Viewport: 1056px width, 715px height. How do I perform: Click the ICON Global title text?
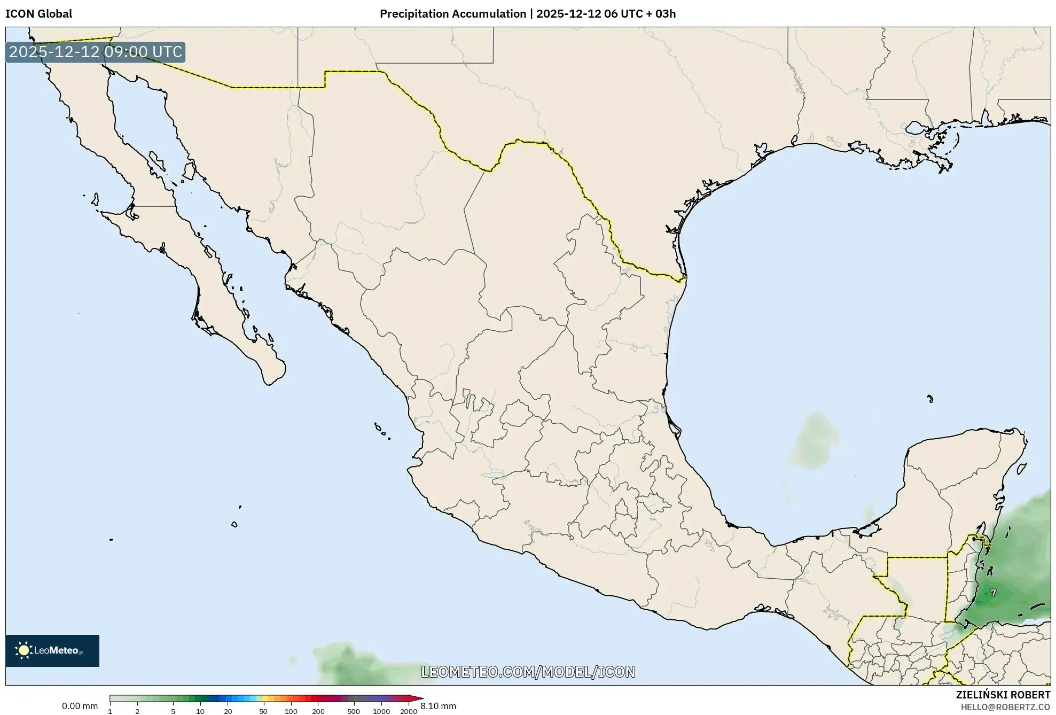click(x=38, y=14)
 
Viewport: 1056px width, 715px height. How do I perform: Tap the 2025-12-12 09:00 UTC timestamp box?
click(x=96, y=52)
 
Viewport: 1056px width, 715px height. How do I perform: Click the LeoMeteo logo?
click(x=52, y=650)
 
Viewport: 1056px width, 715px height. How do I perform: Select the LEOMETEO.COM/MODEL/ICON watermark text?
click(x=528, y=672)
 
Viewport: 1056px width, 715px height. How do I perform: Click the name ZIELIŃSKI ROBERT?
click(x=1003, y=695)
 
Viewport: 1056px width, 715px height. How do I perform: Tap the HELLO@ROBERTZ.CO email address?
click(x=1005, y=707)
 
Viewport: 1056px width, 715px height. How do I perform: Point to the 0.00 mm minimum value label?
click(x=80, y=706)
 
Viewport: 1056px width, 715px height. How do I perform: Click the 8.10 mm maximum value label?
click(x=438, y=706)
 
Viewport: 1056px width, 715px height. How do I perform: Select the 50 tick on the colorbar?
click(x=263, y=711)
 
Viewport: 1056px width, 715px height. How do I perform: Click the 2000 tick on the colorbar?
click(x=409, y=711)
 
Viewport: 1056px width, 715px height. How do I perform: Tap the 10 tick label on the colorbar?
click(x=200, y=711)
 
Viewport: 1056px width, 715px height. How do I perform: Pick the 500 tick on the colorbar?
click(x=354, y=711)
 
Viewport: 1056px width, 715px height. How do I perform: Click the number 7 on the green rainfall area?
click(x=993, y=593)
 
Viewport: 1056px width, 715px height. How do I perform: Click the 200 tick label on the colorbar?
click(x=318, y=711)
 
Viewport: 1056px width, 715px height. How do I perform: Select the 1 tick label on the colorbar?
click(x=110, y=711)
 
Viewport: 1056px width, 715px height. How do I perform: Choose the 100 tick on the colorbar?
click(x=291, y=711)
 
